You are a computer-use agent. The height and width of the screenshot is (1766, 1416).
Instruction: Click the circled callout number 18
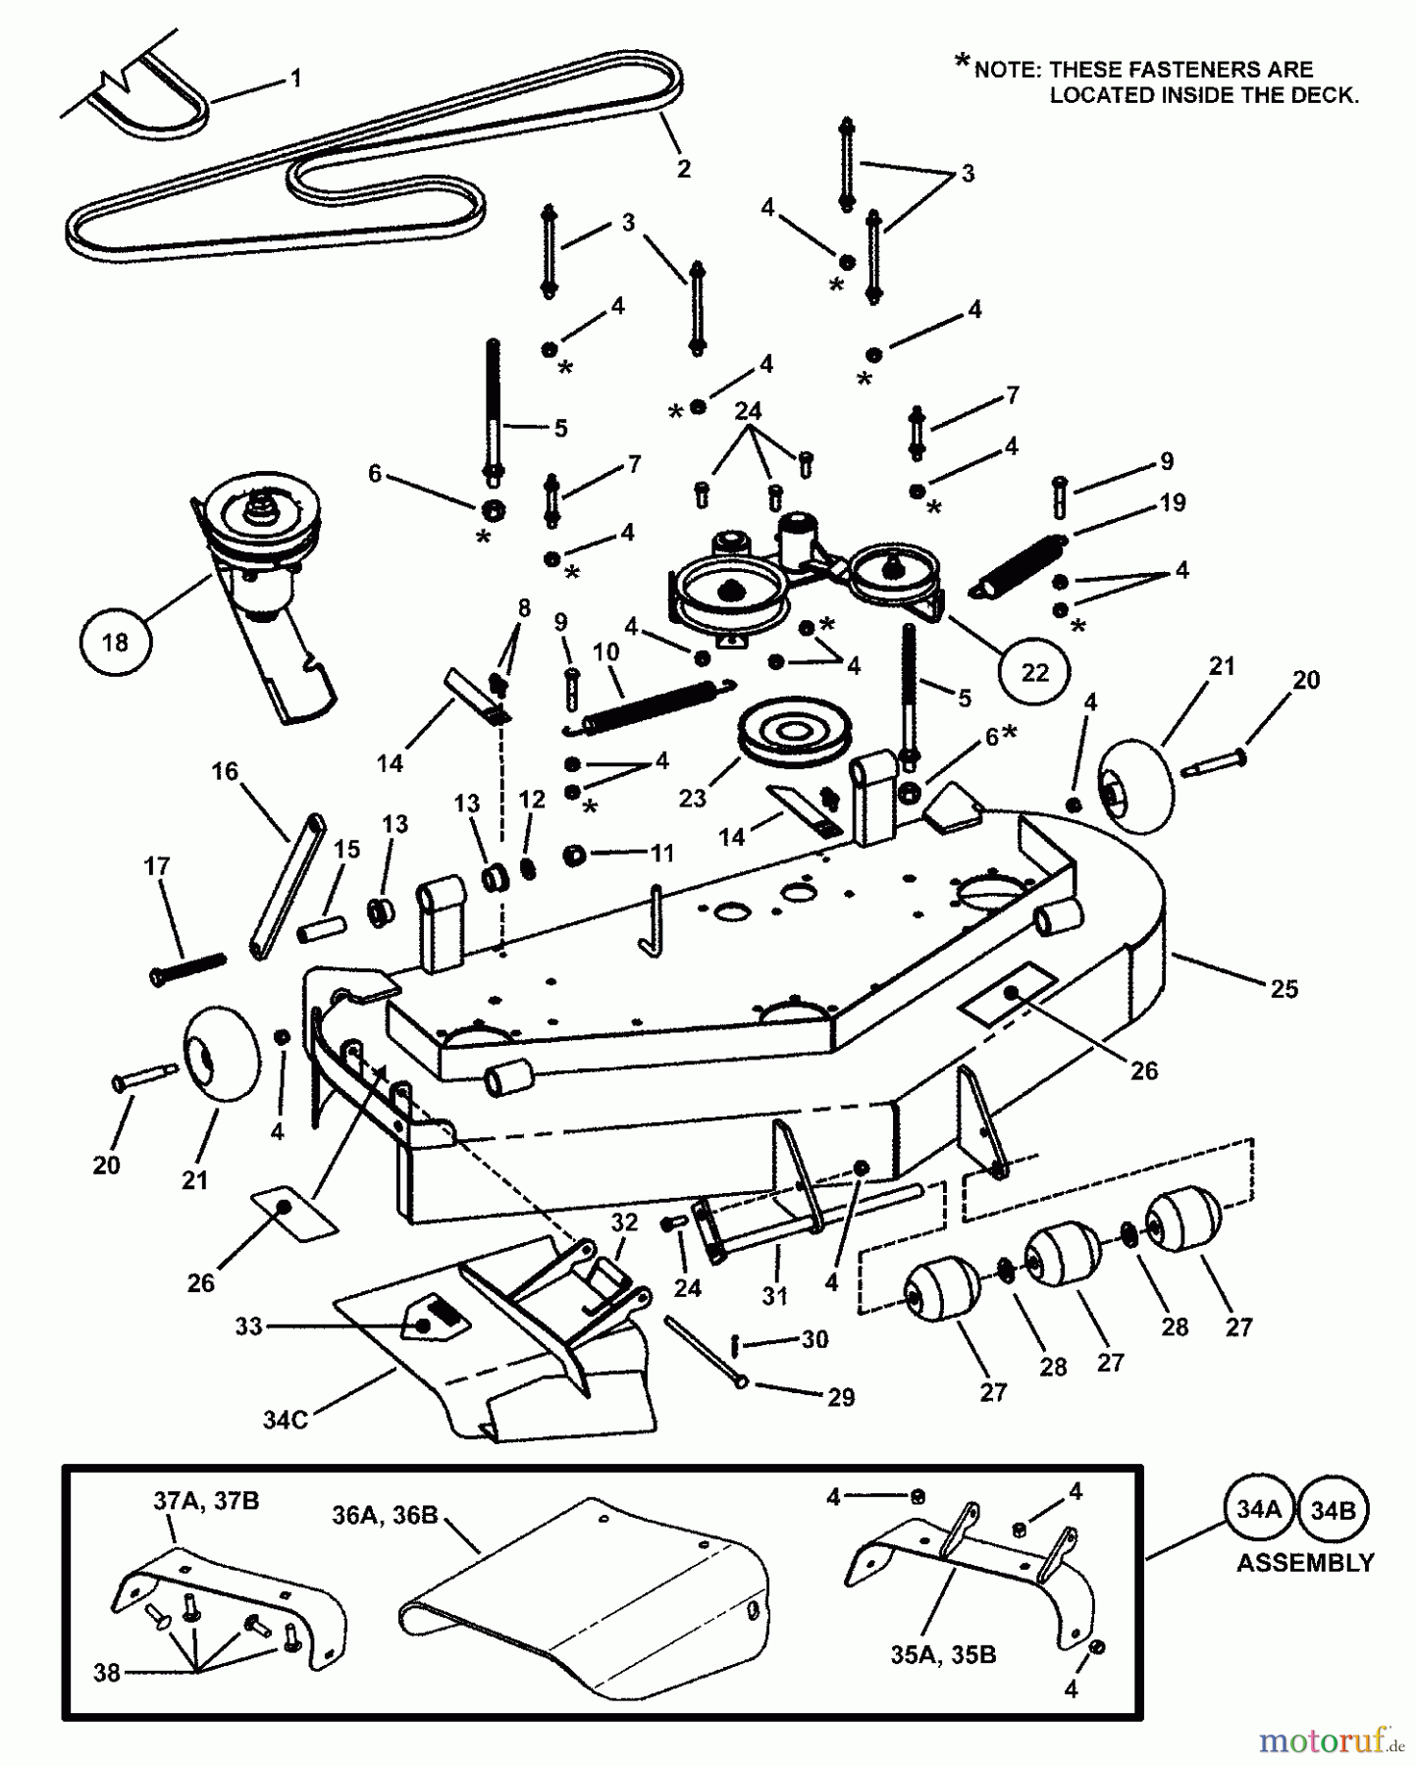tap(115, 643)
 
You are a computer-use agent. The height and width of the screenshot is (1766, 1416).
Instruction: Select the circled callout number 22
tap(1035, 673)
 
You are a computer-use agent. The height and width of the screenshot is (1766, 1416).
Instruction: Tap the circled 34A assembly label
tap(1259, 1510)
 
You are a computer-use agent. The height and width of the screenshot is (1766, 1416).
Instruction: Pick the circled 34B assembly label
tap(1333, 1510)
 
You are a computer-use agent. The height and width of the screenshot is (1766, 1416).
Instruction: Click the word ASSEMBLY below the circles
tap(1305, 1563)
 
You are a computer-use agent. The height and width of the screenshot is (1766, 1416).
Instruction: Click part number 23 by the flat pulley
tap(693, 798)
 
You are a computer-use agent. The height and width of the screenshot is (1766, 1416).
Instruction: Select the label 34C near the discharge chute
tap(286, 1419)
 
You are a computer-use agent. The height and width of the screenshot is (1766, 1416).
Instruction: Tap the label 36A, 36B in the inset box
tap(385, 1515)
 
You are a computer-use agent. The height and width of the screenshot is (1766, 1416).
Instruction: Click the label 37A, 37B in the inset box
tap(206, 1501)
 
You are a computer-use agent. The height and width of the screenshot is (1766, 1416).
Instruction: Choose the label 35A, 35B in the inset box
tap(943, 1655)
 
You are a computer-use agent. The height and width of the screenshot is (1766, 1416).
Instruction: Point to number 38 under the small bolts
tap(107, 1672)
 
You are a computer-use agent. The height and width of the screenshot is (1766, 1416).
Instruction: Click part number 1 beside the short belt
tap(296, 78)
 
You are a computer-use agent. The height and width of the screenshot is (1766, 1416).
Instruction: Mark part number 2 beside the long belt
tap(684, 168)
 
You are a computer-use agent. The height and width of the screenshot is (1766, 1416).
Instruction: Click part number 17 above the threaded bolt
tap(157, 865)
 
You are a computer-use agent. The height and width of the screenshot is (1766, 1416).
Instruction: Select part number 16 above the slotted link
tap(226, 772)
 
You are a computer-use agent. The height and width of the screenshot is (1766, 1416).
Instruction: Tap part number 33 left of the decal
tap(248, 1326)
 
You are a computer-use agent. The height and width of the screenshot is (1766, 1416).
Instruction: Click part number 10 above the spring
tap(605, 651)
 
